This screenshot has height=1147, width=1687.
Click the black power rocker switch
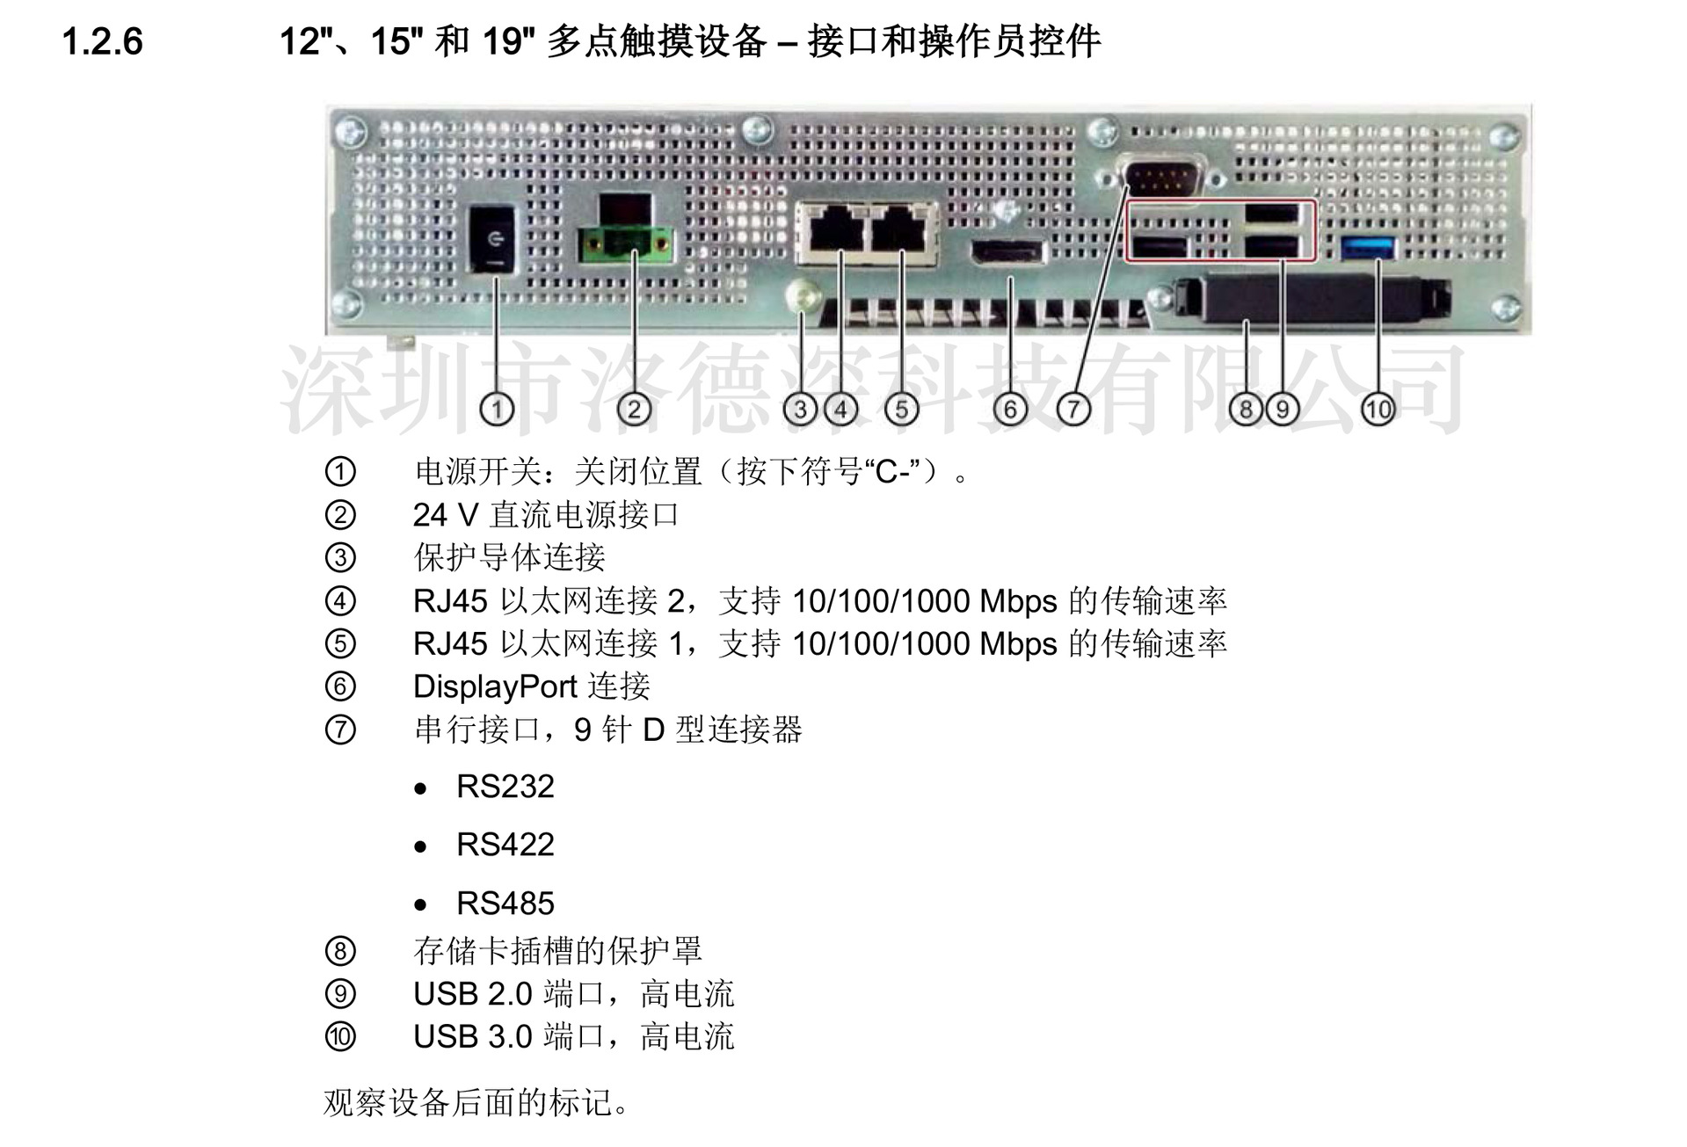click(x=493, y=238)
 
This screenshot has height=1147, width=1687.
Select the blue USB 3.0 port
click(x=1369, y=248)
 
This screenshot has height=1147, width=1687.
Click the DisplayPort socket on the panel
click(x=1007, y=252)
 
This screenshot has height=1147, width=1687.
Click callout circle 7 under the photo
click(x=1073, y=409)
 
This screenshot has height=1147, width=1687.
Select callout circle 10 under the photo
click(x=1378, y=409)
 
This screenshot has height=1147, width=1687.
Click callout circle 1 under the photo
click(x=498, y=409)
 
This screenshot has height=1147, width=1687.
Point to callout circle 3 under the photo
click(x=800, y=409)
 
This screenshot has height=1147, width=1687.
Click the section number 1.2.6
click(x=102, y=41)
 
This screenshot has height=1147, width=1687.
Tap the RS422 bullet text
click(x=505, y=845)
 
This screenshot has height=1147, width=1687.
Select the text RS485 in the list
click(x=505, y=904)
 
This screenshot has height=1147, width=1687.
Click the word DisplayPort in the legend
click(x=495, y=686)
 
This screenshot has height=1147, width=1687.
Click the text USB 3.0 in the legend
click(x=473, y=1037)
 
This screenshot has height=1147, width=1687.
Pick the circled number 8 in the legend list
click(x=340, y=951)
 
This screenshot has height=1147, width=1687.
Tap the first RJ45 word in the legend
click(x=450, y=601)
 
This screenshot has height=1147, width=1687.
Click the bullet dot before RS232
click(x=421, y=788)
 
